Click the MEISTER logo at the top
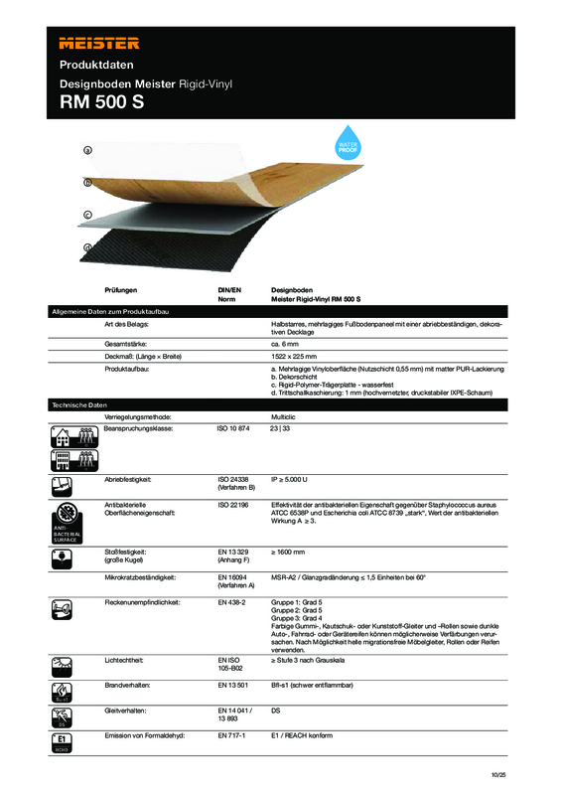tap(98, 43)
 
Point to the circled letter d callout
tap(87, 246)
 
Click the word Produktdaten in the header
tap(95, 66)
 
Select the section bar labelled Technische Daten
tap(79, 405)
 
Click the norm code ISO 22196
tap(234, 506)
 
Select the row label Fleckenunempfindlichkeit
tap(150, 603)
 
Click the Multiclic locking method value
tap(285, 416)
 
